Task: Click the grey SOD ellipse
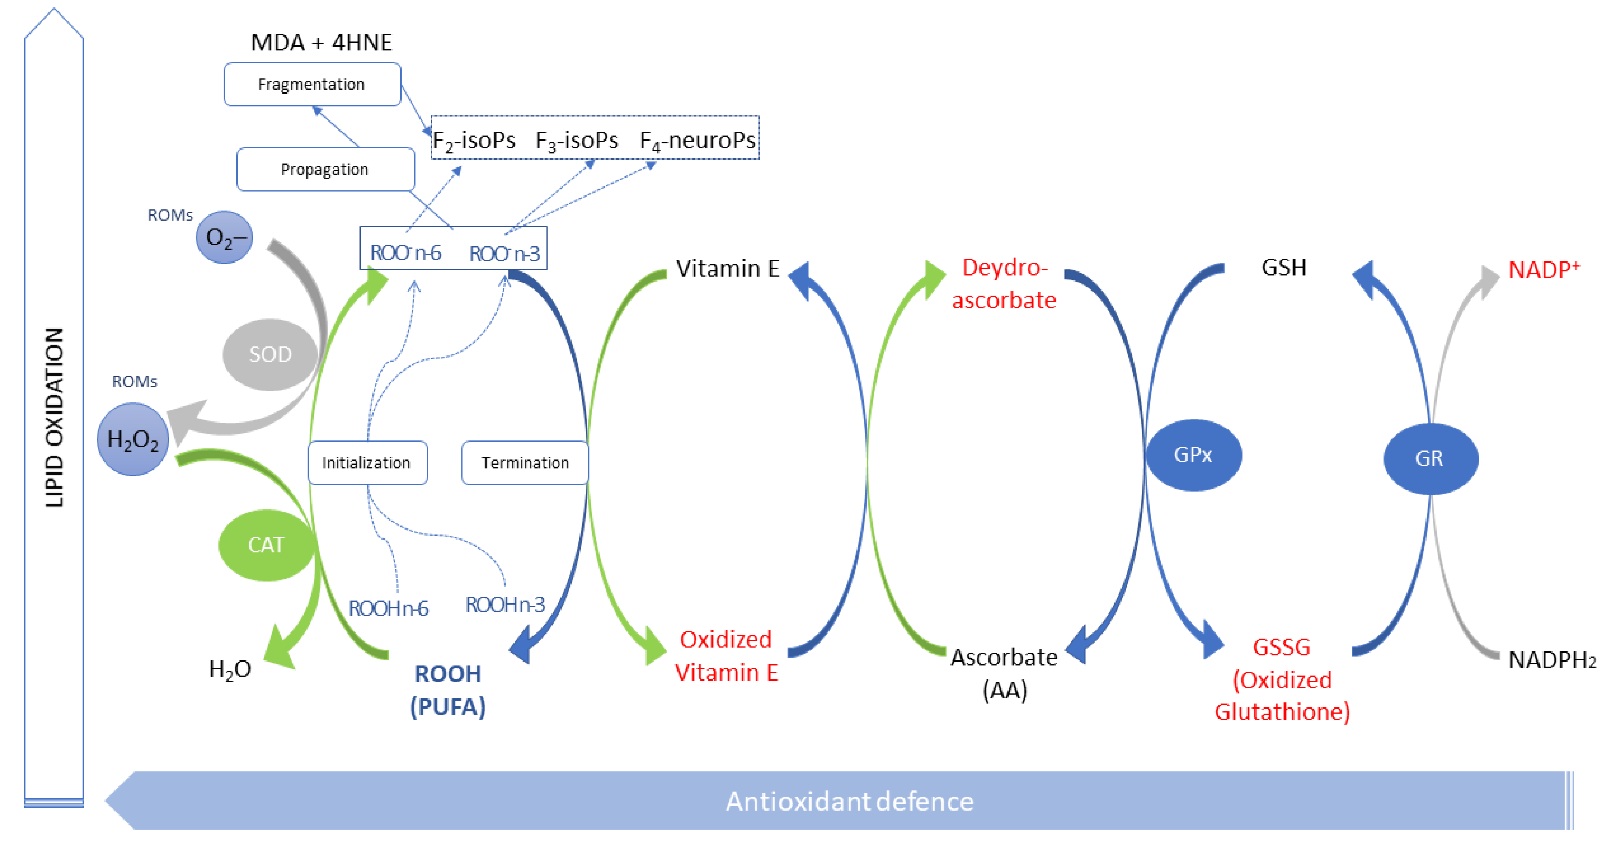(270, 354)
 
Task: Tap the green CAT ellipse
(266, 545)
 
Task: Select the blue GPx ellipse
(1193, 455)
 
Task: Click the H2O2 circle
(133, 440)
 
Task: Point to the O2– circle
(224, 237)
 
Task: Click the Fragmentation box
(312, 84)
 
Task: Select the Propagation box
(325, 169)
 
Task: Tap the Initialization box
(367, 463)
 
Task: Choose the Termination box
(525, 463)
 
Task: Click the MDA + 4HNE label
(321, 43)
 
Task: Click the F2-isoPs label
(474, 140)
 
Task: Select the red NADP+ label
(1543, 270)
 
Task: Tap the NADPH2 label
(1551, 659)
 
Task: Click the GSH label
(1283, 267)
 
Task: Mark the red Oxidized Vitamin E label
(726, 656)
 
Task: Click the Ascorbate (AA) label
(1004, 673)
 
